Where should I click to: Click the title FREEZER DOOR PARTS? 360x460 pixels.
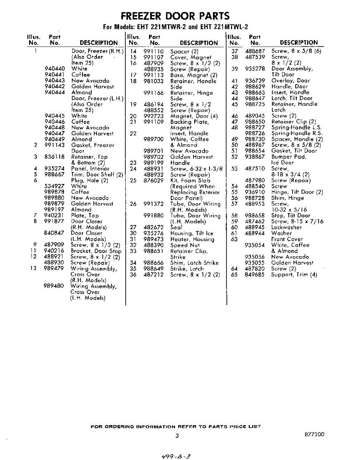pos(175,16)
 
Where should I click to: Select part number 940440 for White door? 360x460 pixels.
pos(54,69)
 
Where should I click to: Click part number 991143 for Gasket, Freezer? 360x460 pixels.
pos(54,145)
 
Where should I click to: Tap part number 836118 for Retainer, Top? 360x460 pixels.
pos(54,157)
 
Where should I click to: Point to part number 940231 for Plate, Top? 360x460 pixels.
pos(54,215)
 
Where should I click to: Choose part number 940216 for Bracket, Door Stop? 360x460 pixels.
pos(54,251)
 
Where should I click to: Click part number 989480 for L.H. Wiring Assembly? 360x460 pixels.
pos(54,286)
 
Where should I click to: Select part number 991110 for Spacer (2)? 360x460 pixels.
pos(154,51)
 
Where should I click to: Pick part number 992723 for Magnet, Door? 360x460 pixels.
pos(154,116)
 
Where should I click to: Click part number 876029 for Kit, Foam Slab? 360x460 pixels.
pos(154,180)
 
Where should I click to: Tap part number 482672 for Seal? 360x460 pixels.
pos(154,227)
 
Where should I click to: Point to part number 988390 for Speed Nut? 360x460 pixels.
pos(154,245)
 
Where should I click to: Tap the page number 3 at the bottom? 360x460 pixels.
pos(177,435)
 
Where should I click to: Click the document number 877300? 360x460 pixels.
pos(314,434)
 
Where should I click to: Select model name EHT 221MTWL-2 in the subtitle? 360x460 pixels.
pos(224,27)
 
